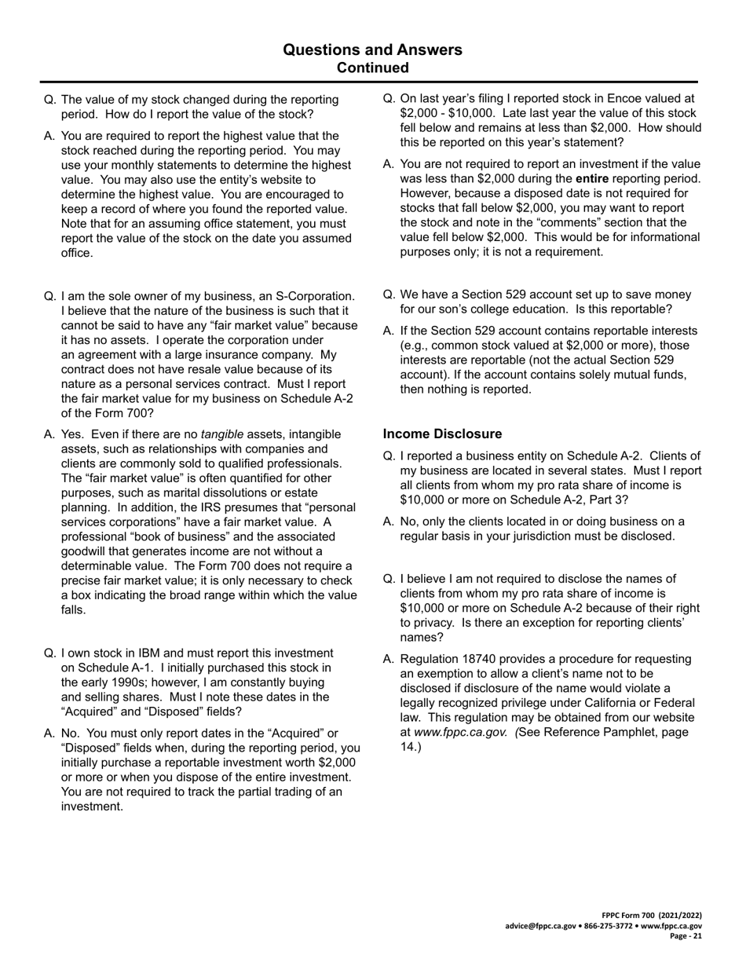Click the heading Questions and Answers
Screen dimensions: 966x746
tap(372, 50)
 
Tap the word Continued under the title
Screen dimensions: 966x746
tap(372, 68)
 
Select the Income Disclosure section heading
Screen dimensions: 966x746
tap(442, 434)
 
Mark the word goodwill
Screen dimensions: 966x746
tap(86, 551)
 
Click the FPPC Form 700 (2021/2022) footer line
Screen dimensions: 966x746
tap(652, 916)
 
